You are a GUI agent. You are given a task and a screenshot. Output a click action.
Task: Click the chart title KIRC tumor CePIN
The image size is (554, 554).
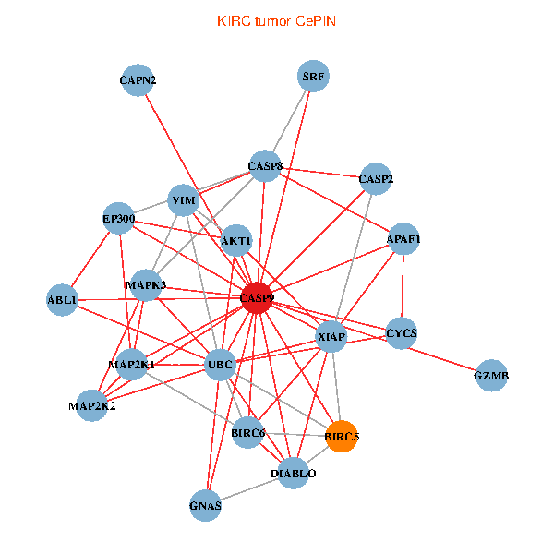[x=276, y=20]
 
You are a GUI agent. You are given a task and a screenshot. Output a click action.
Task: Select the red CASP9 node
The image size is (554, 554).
[x=257, y=298]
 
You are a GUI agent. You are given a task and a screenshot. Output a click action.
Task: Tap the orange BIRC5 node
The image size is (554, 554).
[x=342, y=436]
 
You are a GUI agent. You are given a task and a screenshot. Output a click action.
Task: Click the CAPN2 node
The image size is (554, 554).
[x=138, y=80]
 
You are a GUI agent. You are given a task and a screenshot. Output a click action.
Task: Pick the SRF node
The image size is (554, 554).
[x=314, y=76]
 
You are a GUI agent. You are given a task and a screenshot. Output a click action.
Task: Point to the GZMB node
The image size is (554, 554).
[x=491, y=376]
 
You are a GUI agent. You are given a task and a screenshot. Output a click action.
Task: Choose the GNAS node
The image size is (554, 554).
[x=205, y=505]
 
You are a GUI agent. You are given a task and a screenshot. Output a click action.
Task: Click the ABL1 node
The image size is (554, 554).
[x=63, y=300]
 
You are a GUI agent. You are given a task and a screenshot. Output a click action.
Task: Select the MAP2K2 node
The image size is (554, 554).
[x=91, y=405]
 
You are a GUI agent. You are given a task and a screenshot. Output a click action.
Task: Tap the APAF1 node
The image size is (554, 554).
[x=403, y=240]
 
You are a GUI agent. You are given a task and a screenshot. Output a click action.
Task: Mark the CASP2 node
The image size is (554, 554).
[x=376, y=178]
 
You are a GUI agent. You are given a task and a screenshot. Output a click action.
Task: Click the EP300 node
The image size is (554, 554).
[x=119, y=220]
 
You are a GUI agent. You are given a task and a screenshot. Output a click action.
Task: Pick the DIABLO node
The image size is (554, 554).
[x=294, y=474]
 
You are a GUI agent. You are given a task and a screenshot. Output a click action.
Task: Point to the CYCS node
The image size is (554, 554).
[x=402, y=332]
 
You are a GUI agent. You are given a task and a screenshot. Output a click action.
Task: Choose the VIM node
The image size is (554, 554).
[x=184, y=200]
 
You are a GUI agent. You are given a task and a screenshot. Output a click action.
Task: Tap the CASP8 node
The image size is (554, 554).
[x=265, y=167]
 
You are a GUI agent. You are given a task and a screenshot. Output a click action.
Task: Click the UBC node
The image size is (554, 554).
[x=220, y=366]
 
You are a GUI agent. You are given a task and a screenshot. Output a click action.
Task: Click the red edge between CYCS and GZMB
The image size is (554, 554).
[x=447, y=355]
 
